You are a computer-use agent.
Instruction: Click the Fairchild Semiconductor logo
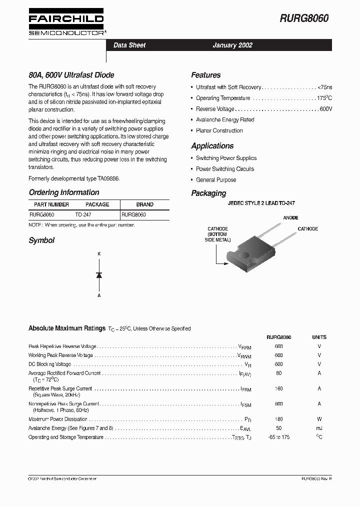(x=66, y=23)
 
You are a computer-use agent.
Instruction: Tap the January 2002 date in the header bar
(x=232, y=45)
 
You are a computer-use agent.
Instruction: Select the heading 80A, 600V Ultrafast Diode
(x=71, y=75)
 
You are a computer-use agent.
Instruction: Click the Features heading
(x=205, y=75)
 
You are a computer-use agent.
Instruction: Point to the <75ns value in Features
(x=324, y=87)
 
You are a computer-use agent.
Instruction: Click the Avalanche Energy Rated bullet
(x=225, y=120)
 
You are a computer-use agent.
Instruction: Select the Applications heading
(x=212, y=146)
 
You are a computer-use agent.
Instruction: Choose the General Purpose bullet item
(x=216, y=180)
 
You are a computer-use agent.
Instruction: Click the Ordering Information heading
(x=64, y=192)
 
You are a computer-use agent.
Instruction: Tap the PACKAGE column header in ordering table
(x=97, y=204)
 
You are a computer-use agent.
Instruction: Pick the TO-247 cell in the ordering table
(x=83, y=214)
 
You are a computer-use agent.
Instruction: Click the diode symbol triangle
(x=99, y=275)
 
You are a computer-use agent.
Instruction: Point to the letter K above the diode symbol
(x=99, y=254)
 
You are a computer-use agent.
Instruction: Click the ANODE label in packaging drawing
(x=290, y=218)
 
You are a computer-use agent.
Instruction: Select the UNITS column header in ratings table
(x=319, y=337)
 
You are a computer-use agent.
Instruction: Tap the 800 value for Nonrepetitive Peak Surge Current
(x=278, y=404)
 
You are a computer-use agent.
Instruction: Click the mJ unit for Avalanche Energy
(x=319, y=428)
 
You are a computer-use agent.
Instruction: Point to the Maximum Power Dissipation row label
(x=58, y=419)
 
